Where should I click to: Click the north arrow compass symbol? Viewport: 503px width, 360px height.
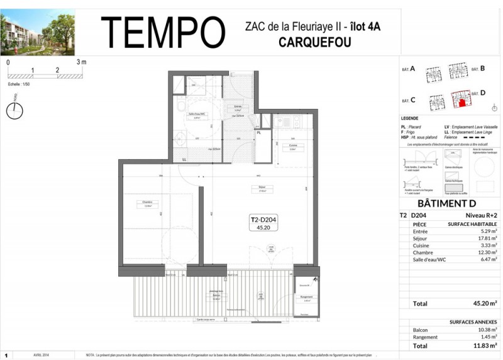tap(14, 111)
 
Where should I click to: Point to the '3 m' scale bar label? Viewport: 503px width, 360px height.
tap(81, 62)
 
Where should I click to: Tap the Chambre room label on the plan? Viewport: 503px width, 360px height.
tap(147, 203)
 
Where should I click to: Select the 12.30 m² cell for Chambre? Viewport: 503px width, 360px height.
tap(485, 252)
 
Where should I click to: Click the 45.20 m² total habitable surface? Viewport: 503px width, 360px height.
tap(484, 303)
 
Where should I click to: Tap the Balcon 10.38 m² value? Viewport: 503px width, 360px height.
tap(485, 329)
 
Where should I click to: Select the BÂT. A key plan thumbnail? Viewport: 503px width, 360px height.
tap(433, 74)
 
